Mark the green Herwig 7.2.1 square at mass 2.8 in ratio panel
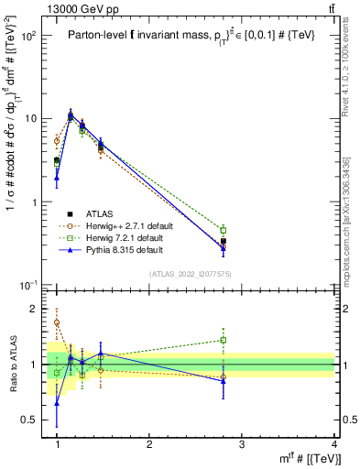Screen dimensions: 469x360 point(223,340)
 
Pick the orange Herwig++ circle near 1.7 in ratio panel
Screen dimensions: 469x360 point(57,322)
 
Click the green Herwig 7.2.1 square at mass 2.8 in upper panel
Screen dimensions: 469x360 point(223,230)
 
